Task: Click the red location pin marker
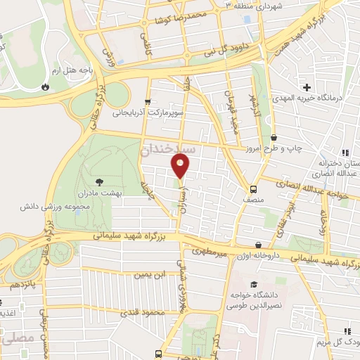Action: tap(181, 167)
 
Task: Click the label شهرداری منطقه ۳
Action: tap(261, 5)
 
